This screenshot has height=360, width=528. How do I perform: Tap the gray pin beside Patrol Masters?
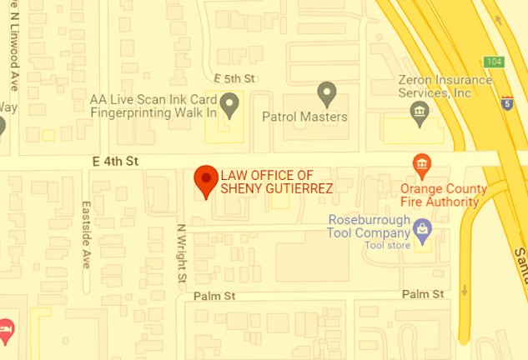point(327,93)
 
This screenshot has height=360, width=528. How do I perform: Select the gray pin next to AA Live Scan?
point(229,103)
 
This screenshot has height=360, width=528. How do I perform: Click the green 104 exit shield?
point(495,62)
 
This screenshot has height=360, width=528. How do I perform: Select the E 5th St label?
point(234,77)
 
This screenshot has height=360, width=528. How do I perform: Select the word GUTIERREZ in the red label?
point(293,188)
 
